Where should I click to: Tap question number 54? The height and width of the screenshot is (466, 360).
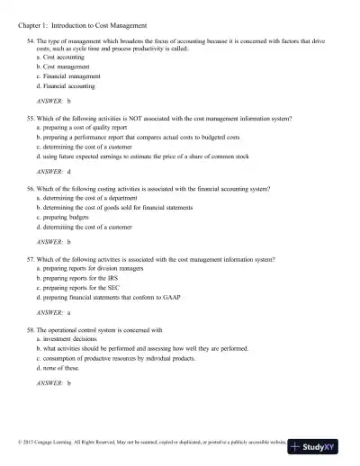32,42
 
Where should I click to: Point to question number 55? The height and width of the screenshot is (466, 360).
32,119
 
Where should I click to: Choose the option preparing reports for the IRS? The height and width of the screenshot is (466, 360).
82,278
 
